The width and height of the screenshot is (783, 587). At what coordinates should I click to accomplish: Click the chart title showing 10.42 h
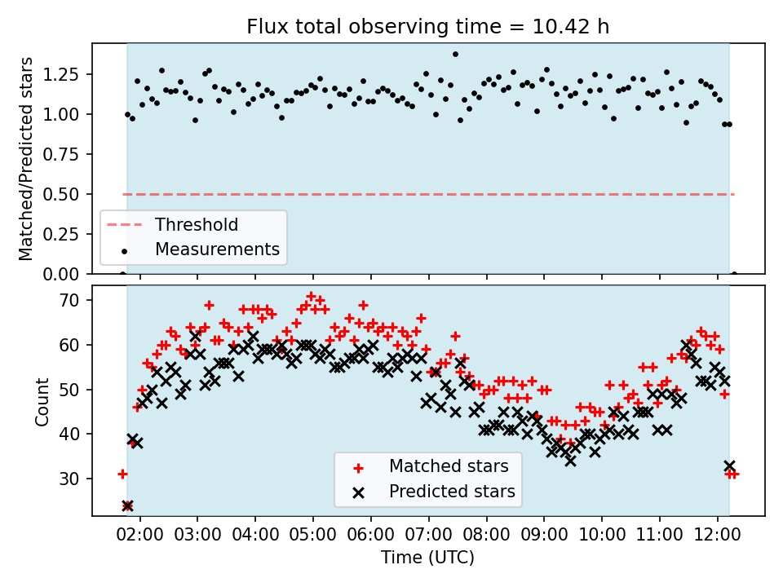427,27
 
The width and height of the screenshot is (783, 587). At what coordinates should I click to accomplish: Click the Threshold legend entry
197,225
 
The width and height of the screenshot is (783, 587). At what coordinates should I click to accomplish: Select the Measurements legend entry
217,249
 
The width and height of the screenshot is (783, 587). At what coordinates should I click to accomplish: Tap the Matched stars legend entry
449,466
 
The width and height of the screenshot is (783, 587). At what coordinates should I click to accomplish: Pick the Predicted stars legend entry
452,492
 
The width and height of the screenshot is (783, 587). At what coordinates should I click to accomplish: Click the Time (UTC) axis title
427,558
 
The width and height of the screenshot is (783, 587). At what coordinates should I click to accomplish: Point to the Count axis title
42,401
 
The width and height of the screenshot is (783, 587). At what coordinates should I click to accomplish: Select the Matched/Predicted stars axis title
27,158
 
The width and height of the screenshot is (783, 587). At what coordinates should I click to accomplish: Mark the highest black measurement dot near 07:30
455,55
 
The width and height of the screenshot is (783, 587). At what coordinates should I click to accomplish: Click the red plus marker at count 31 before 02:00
122,474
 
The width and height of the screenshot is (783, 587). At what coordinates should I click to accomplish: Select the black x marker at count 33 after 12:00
729,466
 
